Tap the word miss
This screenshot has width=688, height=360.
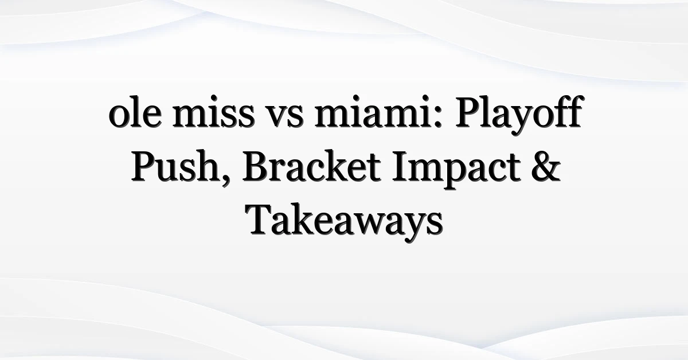[x=214, y=112]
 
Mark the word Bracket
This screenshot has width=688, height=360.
[x=312, y=166]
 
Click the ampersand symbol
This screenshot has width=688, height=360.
[x=546, y=166]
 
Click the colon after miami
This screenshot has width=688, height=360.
[x=439, y=117]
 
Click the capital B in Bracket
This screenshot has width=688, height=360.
[x=256, y=166]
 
